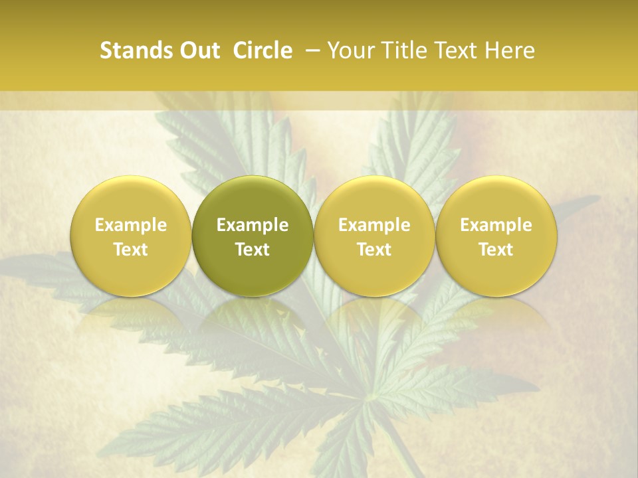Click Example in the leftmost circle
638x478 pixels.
(131, 225)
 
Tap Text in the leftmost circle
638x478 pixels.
(131, 250)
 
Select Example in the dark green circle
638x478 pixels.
(253, 225)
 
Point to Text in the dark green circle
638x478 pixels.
(253, 250)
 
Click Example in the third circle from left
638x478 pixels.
(374, 225)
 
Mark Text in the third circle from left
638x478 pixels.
(374, 250)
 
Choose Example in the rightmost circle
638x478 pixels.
(496, 225)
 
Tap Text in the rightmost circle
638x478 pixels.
(496, 250)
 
